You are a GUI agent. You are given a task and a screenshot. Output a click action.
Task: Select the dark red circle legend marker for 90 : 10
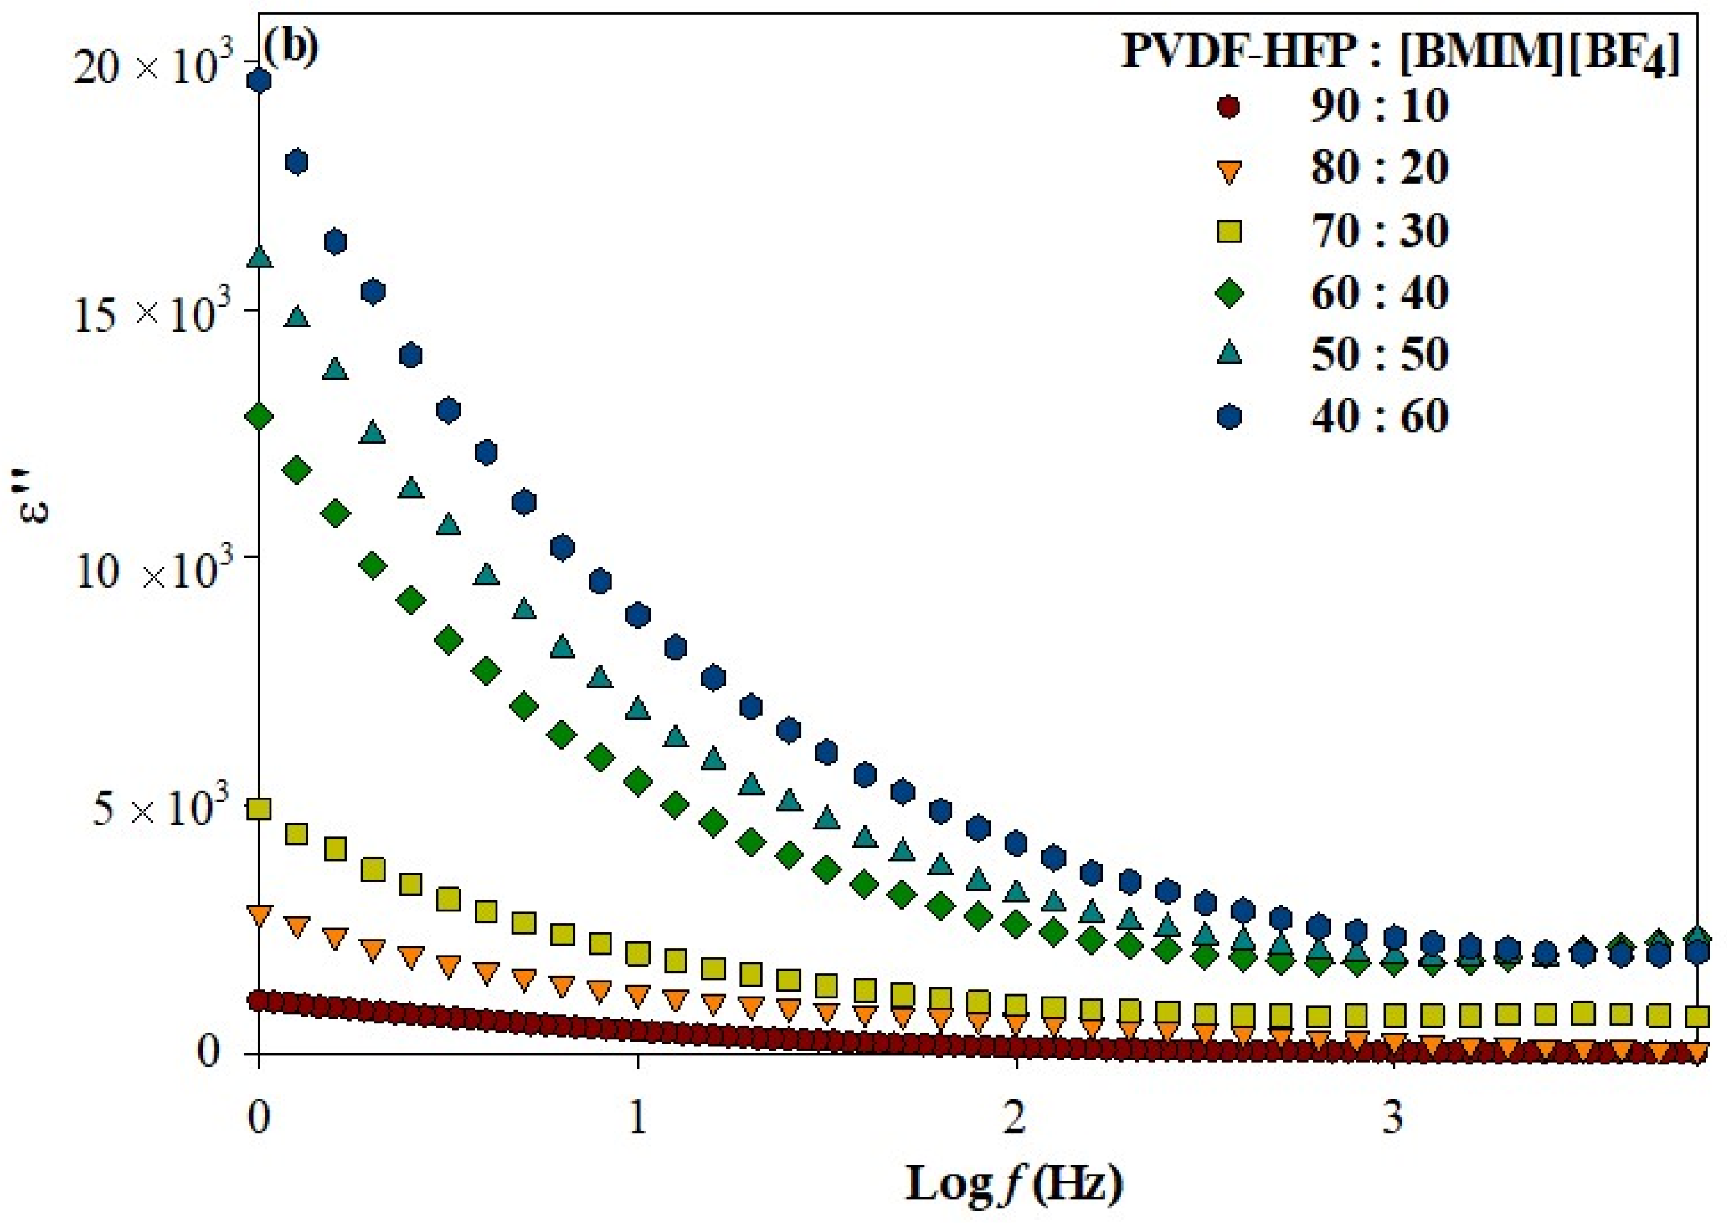pos(1229,106)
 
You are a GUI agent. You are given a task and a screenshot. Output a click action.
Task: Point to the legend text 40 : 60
pos(1379,416)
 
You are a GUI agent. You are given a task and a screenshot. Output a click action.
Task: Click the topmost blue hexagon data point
pos(259,81)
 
